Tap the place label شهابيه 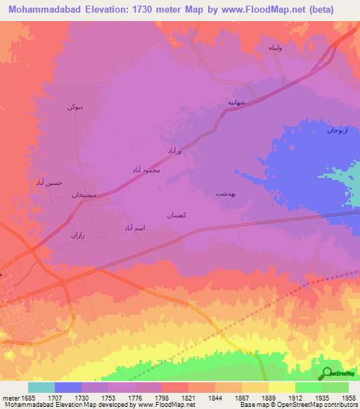tap(236, 102)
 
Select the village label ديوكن tap(75, 106)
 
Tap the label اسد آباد tap(134, 228)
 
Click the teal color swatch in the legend tap(41, 387)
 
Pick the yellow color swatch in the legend tap(282, 387)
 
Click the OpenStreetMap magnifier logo tap(327, 374)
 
